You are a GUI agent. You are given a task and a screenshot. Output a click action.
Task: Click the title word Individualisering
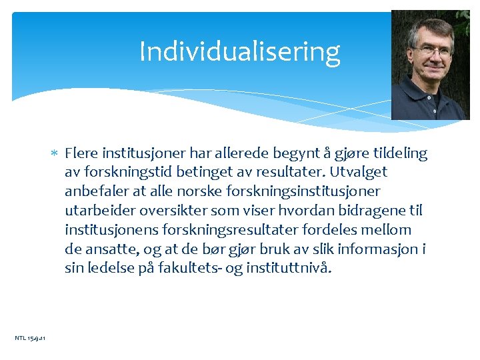click(239, 51)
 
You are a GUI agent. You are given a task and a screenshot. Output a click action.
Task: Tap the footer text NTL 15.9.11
click(30, 339)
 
